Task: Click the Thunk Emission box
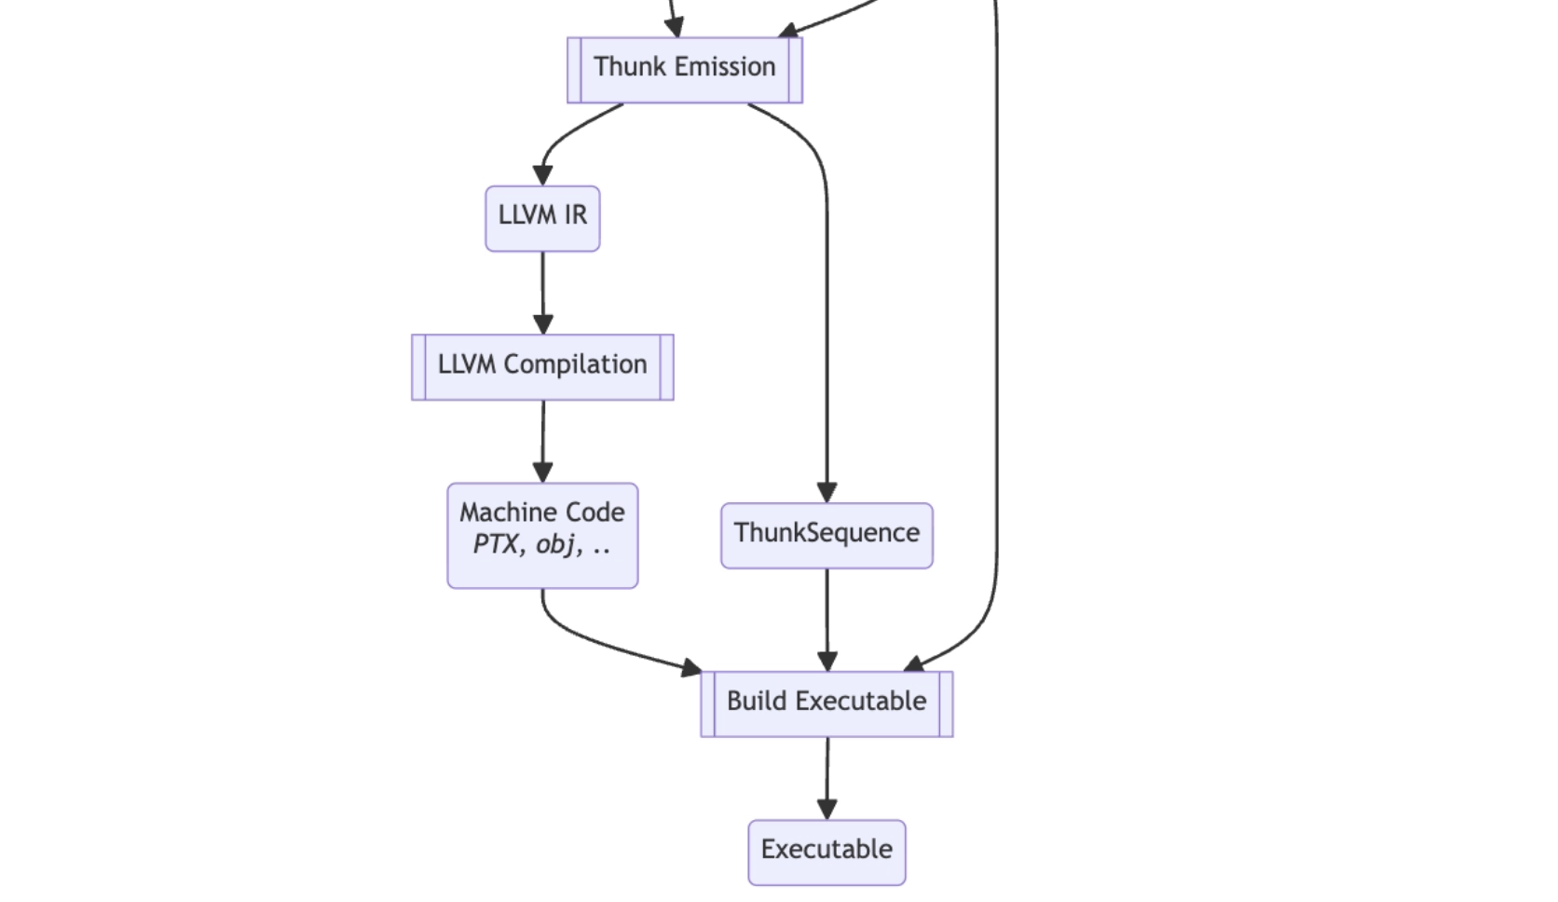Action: tap(685, 70)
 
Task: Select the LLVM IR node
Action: tap(542, 218)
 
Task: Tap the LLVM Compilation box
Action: tap(542, 367)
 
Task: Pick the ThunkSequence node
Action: tap(827, 535)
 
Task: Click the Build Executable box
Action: tap(827, 704)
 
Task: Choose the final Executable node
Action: tap(827, 852)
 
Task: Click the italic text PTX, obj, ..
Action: tap(541, 544)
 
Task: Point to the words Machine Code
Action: tap(541, 512)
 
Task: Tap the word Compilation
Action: tap(575, 364)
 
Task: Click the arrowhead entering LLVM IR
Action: tap(542, 175)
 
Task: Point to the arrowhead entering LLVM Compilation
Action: tap(543, 324)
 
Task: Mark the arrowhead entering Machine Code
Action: tap(542, 472)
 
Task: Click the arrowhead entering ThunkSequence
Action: tap(827, 493)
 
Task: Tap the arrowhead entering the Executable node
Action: tap(827, 809)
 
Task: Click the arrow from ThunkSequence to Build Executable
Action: tap(827, 615)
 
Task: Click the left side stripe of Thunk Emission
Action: tap(574, 70)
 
